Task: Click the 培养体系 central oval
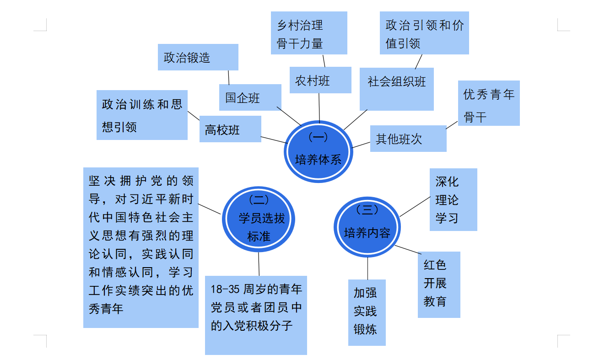319,151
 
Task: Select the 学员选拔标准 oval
259,219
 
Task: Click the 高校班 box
230,129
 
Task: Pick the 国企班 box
250,97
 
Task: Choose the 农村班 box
320,80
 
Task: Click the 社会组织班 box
396,89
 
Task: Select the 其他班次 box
408,139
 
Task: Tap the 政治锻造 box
198,57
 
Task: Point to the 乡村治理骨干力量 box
309,33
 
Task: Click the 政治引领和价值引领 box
424,33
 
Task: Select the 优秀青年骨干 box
489,103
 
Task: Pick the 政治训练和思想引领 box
142,115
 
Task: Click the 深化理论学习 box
453,199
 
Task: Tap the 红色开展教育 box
438,285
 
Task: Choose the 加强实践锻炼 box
367,312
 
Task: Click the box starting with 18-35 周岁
256,315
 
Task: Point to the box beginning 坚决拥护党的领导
140,247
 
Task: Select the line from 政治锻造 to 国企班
229,77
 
